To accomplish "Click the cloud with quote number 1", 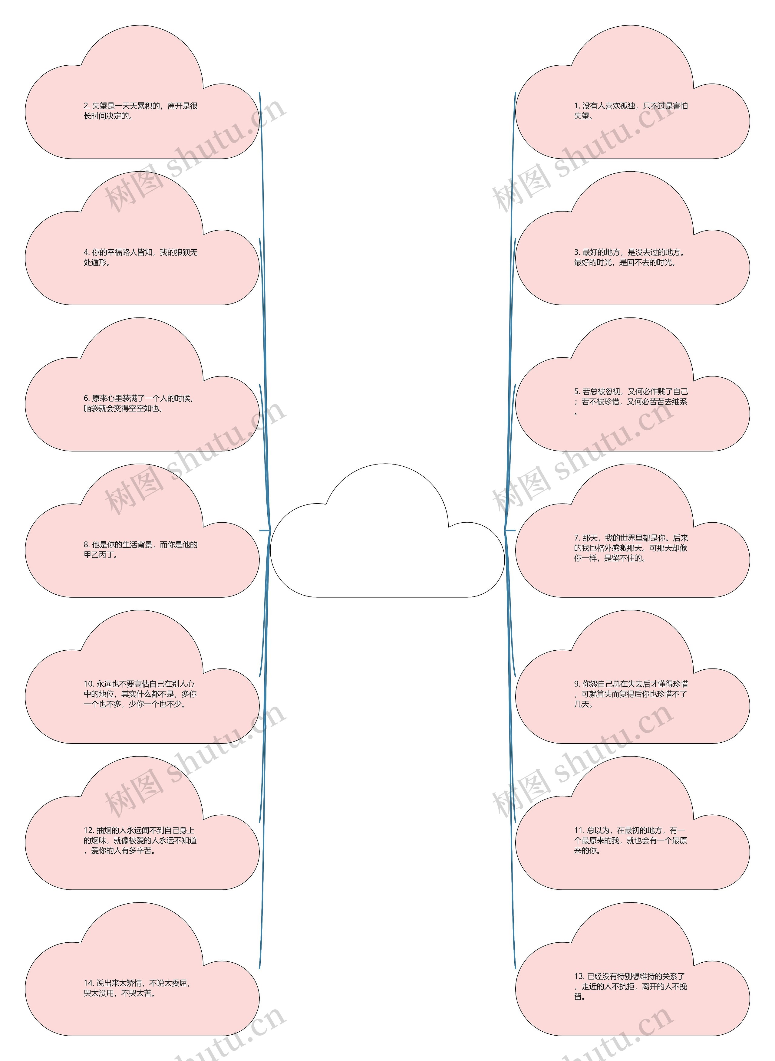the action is point(632,92).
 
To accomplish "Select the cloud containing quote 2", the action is point(142,92).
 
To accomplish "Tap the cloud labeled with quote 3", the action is point(632,238).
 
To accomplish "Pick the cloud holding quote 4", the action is point(142,238).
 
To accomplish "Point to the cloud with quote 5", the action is point(632,384).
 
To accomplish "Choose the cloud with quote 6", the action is point(142,384).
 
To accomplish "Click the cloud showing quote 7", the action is point(632,530).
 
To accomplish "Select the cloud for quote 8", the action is point(142,530).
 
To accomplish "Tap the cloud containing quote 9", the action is point(632,677).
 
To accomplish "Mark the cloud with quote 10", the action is point(142,677).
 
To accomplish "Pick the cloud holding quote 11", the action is point(632,823).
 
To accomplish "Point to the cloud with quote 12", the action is point(142,823).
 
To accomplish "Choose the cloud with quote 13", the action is point(632,969).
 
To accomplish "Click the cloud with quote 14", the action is point(142,969).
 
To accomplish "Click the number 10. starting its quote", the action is point(89,684).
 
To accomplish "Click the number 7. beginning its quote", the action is point(578,538).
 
